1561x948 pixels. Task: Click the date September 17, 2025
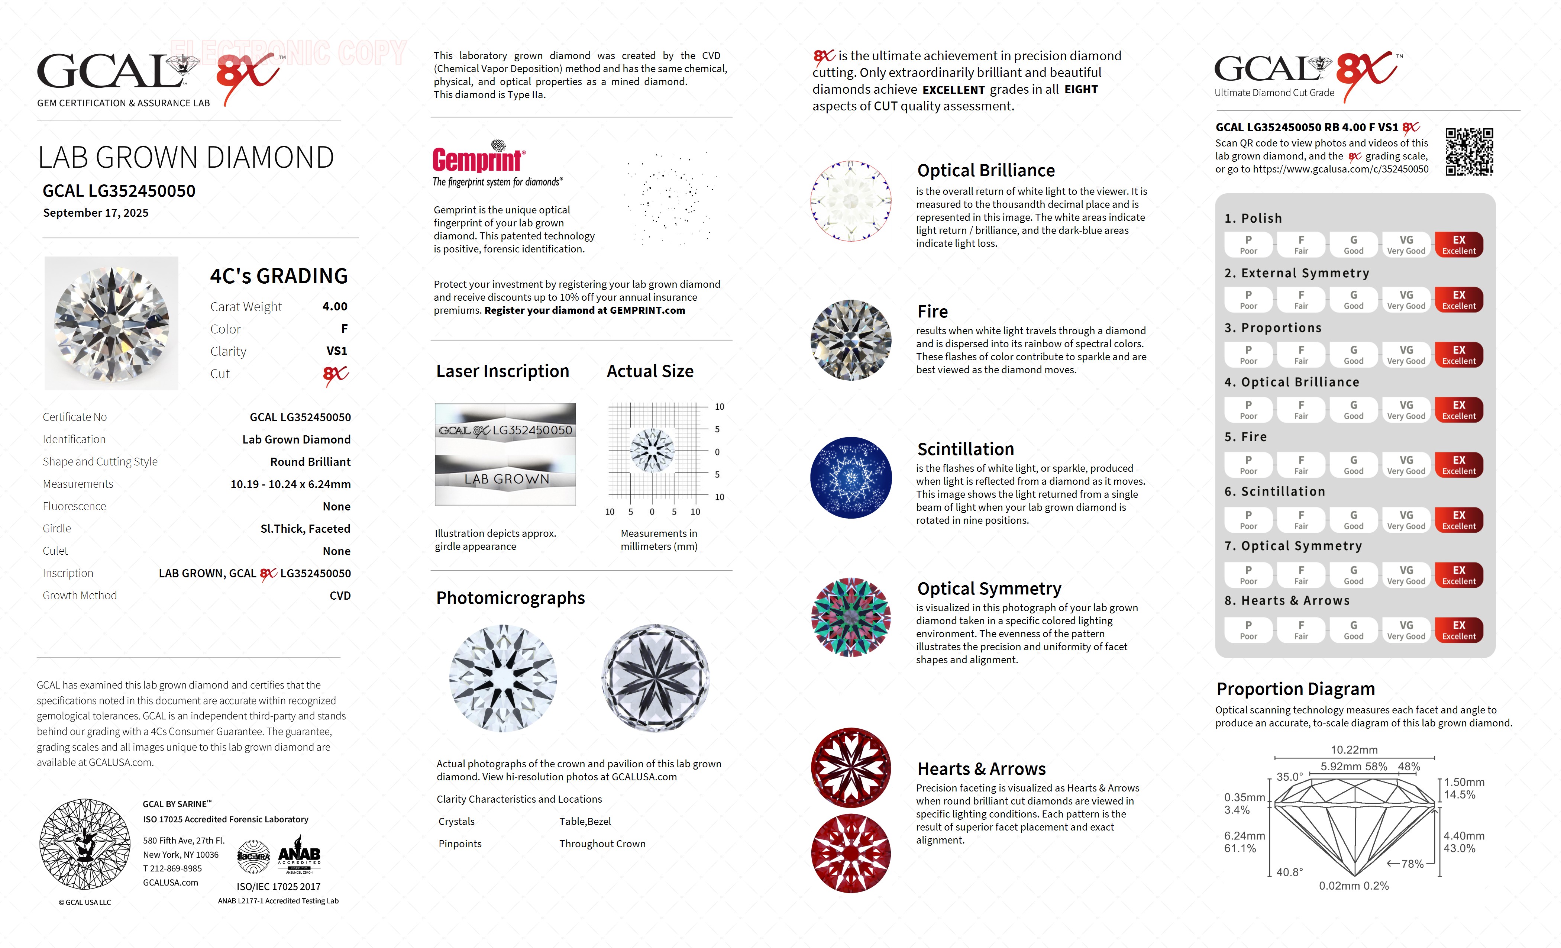pos(96,213)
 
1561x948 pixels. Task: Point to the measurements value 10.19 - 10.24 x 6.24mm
pos(290,484)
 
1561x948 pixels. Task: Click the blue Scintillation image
pos(851,478)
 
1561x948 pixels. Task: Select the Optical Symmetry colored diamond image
pos(851,617)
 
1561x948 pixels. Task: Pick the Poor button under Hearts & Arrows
pos(1248,630)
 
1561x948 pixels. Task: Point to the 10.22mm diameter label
pos(1354,749)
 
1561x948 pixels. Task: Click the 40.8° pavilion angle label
pos(1289,872)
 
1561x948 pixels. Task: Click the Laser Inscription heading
pos(502,371)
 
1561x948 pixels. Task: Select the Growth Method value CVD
pos(340,596)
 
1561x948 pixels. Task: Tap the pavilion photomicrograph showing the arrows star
pos(655,678)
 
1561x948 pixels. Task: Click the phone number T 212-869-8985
pos(172,869)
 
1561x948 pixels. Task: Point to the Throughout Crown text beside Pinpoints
pos(602,844)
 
